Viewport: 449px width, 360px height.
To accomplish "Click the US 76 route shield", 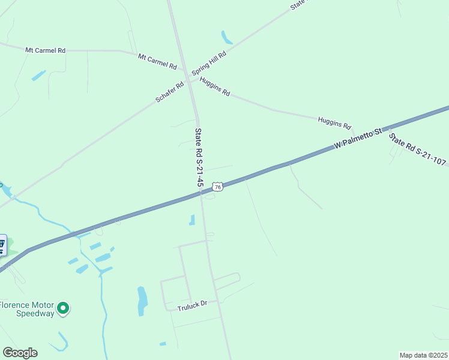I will tap(218, 187).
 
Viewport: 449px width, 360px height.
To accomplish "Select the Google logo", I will tap(20, 353).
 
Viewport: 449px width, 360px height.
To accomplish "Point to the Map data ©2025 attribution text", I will tap(423, 355).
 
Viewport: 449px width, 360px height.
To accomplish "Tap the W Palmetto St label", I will tap(358, 139).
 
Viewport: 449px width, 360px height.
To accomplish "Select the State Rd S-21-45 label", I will tap(198, 160).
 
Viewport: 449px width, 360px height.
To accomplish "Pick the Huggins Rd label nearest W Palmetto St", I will tap(334, 123).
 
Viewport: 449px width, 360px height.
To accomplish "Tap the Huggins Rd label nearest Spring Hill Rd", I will tap(215, 88).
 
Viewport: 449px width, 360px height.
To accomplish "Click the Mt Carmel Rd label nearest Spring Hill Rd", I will tap(157, 61).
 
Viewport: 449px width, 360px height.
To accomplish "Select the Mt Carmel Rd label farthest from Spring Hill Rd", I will tap(45, 50).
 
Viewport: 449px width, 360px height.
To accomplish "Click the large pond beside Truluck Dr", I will tap(142, 301).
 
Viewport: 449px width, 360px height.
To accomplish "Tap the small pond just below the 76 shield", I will tap(192, 220).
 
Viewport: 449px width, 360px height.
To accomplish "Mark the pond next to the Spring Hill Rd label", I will tap(226, 38).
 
